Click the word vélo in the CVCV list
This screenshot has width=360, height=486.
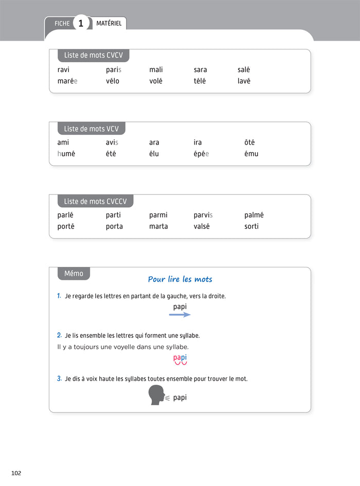coord(112,81)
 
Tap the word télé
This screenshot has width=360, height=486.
coord(200,81)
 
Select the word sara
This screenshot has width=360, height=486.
coord(200,70)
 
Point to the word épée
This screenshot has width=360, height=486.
coord(201,154)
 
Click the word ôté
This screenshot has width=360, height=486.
coord(249,142)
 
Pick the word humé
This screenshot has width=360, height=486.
coord(66,154)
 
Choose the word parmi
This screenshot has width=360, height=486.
coord(158,215)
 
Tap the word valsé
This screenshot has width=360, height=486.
coord(202,226)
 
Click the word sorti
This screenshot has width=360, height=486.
coord(251,226)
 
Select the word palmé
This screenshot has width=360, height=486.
coord(254,215)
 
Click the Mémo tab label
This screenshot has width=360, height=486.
coord(74,274)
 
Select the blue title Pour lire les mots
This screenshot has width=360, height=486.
coord(180,279)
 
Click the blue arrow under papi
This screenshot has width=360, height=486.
coord(180,315)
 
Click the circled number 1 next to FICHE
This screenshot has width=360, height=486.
coord(80,23)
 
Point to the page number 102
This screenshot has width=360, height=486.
coord(16,473)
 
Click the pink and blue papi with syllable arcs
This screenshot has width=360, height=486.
coord(180,359)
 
